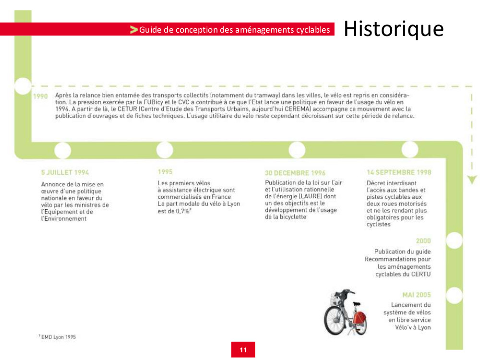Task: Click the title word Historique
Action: (x=394, y=29)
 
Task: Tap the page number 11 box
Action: (x=243, y=350)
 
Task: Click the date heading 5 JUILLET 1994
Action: (x=65, y=172)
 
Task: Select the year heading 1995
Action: (x=165, y=171)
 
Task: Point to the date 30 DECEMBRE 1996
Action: (x=295, y=173)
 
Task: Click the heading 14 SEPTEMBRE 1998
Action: (x=399, y=172)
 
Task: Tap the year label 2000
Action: (x=423, y=241)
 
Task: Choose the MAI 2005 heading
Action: (x=416, y=295)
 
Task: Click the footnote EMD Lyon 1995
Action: (x=58, y=337)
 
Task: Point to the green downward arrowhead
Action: (x=472, y=180)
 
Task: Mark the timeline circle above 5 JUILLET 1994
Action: (x=63, y=150)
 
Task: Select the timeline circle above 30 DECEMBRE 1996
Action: (x=297, y=150)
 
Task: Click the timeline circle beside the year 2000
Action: (x=454, y=240)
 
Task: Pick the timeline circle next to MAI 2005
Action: (x=454, y=295)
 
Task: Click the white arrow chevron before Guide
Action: (x=134, y=30)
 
